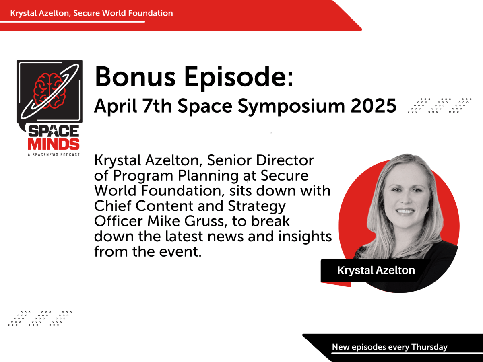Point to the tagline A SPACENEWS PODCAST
[54, 154]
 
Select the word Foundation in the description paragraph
[168, 191]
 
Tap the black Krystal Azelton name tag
[376, 270]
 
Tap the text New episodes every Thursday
[389, 347]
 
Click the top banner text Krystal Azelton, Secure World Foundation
[92, 13]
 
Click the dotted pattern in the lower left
[40, 318]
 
